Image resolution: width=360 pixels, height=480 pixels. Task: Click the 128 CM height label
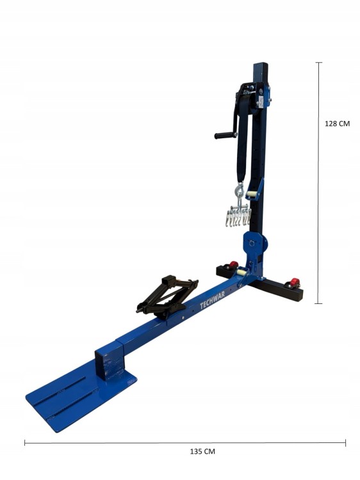[337, 124]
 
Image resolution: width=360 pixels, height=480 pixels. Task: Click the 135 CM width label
[202, 452]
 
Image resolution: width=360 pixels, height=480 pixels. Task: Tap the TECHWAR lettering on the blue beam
[212, 300]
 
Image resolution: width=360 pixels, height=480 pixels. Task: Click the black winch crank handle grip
[225, 135]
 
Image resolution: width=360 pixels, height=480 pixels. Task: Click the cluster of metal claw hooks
[238, 216]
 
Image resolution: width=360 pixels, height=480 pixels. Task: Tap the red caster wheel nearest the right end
[295, 282]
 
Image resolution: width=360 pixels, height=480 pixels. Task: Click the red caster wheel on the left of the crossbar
[234, 265]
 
